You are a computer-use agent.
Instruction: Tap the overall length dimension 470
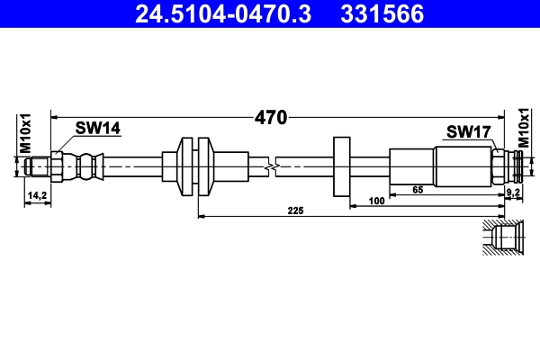271,117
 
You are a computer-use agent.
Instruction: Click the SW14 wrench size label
97,129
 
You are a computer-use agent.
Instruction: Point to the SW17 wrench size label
467,132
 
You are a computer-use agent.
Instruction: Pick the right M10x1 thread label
525,132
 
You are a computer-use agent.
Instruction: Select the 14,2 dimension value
37,194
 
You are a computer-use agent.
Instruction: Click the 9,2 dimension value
513,193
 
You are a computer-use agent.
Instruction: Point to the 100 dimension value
377,202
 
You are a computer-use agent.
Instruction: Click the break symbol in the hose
271,166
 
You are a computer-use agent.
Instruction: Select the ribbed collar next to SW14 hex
86,166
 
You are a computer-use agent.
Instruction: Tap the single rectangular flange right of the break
341,166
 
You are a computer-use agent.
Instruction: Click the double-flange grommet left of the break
193,166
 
